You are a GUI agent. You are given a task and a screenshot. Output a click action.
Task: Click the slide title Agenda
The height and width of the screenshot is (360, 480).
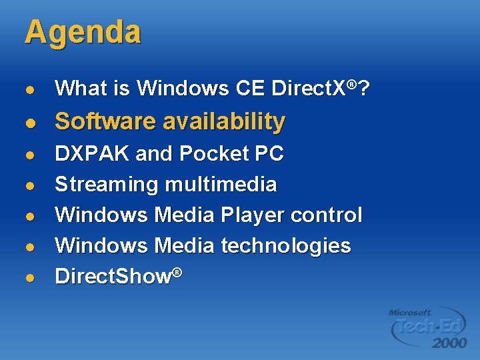pos(83,33)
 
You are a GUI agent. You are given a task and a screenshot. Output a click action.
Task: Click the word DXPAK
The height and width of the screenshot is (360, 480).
pos(93,154)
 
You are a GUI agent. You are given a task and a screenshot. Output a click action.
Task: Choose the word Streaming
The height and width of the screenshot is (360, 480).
pos(107,185)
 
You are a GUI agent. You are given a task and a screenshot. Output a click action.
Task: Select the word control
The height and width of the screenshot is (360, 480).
pos(327,215)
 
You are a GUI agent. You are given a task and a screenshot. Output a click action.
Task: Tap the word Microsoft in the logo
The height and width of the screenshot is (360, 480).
pos(410,311)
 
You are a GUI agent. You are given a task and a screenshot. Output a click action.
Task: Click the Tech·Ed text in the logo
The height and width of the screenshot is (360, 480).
pos(427,327)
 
